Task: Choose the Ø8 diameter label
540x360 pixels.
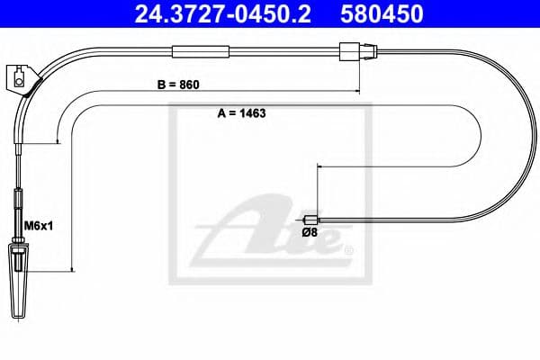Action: click(x=309, y=234)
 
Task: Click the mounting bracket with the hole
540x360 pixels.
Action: click(x=21, y=77)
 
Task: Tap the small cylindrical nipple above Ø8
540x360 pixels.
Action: click(x=310, y=219)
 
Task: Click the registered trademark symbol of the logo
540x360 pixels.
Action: click(x=351, y=249)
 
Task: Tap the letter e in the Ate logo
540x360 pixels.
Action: click(x=328, y=239)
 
